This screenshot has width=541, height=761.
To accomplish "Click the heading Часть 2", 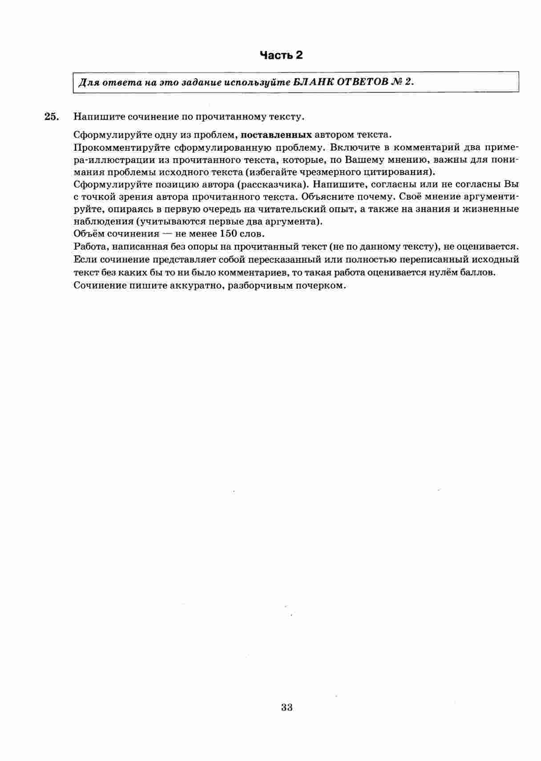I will click(281, 55).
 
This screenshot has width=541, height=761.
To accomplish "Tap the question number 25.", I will click(51, 117).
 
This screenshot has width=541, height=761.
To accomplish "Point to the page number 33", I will click(287, 707).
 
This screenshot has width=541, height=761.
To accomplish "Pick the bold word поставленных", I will click(276, 135).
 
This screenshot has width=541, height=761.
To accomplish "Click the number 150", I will click(232, 234).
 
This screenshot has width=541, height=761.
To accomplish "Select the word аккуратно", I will click(196, 285).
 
